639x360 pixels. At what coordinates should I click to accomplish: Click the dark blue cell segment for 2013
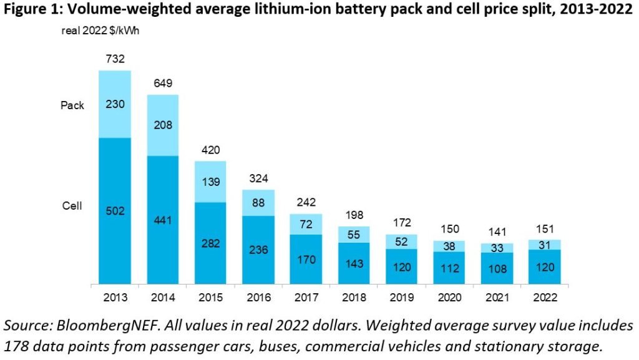pos(115,187)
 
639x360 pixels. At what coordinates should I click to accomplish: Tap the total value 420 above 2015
pos(211,150)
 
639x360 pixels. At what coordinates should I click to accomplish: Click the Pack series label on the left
pos(72,105)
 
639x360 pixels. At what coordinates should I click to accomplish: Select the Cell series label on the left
pos(72,207)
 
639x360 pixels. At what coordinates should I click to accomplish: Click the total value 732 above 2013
pos(115,59)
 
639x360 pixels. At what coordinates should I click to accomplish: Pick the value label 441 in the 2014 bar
pos(163,220)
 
